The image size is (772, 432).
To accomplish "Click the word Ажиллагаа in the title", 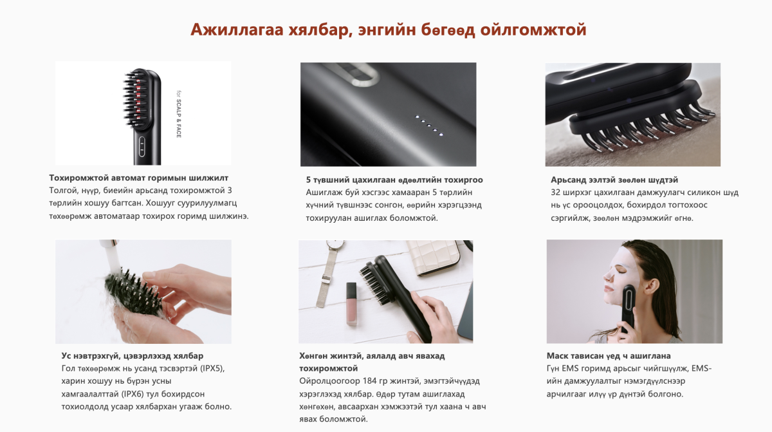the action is [x=237, y=30].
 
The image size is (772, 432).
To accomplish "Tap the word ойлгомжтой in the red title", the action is [x=533, y=30].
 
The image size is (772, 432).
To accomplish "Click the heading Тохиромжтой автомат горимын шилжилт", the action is [x=138, y=178].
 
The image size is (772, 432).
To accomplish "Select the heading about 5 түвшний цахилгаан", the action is [x=394, y=180].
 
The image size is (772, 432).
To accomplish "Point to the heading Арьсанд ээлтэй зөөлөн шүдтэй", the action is [x=614, y=180].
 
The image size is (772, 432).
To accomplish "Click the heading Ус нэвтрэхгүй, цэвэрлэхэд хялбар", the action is [x=133, y=356].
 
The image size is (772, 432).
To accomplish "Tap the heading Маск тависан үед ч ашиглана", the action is [x=609, y=356].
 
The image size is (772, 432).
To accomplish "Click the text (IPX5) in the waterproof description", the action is [x=212, y=368].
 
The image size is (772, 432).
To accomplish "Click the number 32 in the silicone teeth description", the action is [x=555, y=193].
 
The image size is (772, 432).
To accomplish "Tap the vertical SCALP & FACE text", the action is [x=179, y=115].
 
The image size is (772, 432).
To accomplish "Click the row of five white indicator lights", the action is [x=429, y=126].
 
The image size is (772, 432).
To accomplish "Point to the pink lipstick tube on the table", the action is [x=351, y=304].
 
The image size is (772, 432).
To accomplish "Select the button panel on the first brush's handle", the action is [x=142, y=147].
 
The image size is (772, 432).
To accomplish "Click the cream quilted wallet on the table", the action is [x=433, y=257].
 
